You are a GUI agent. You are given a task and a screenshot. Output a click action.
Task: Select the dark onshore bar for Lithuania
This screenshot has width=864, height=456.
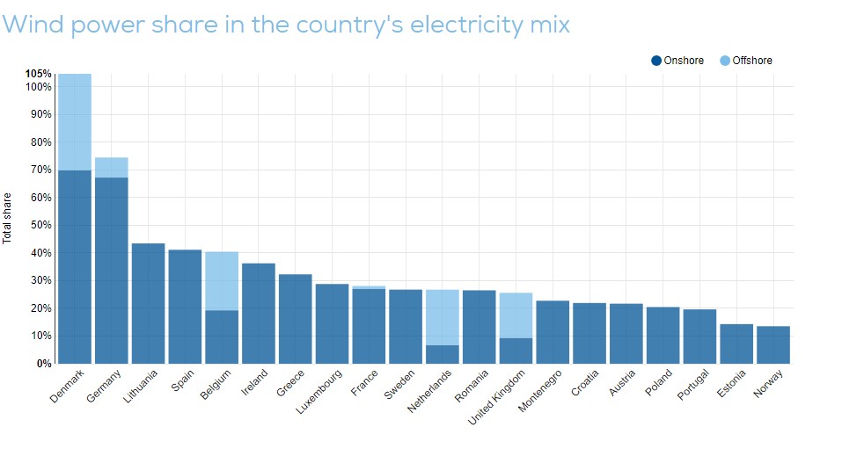pos(149,303)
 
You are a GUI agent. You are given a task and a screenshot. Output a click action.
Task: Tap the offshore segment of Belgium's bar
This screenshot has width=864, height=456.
pos(222,281)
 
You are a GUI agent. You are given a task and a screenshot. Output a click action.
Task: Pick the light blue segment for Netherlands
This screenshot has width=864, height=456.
pos(443,317)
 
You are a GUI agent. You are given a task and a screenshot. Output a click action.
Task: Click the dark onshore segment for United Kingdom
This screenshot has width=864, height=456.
pos(516,351)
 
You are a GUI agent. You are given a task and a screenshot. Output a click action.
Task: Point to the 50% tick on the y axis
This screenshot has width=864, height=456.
pos(40,225)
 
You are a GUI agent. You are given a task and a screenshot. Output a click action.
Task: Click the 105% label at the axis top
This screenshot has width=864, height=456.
pos(38,74)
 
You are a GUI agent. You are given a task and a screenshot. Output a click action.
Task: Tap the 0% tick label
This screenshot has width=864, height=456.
pos(43,363)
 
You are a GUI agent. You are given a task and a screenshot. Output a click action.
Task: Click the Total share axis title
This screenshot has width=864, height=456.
pos(8,217)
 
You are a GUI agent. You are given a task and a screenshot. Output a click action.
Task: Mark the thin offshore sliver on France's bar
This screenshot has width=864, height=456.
pos(369,287)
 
